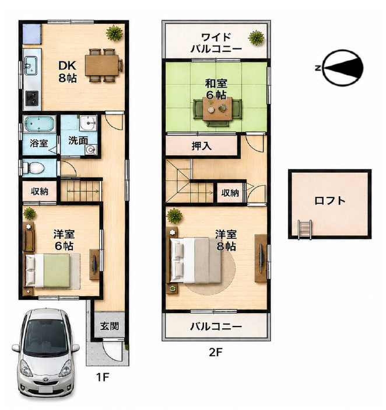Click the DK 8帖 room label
coord(67,72)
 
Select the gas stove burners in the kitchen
coord(32,98)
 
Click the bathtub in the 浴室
coord(40,124)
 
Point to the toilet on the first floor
coord(33,168)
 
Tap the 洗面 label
coord(78,141)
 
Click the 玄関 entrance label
coord(110,326)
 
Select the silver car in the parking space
coord(45,354)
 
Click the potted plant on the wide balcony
coord(257,37)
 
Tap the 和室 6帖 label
coord(216,89)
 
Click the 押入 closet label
coord(201,146)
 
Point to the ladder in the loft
coord(304,229)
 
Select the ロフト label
coord(330,201)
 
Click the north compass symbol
coord(343,68)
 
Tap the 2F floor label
coord(216,352)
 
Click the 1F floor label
coord(102,377)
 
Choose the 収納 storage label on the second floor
coord(230,193)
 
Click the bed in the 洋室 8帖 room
coord(196,260)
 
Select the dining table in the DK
coord(102,65)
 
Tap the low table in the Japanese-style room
coord(217,109)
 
